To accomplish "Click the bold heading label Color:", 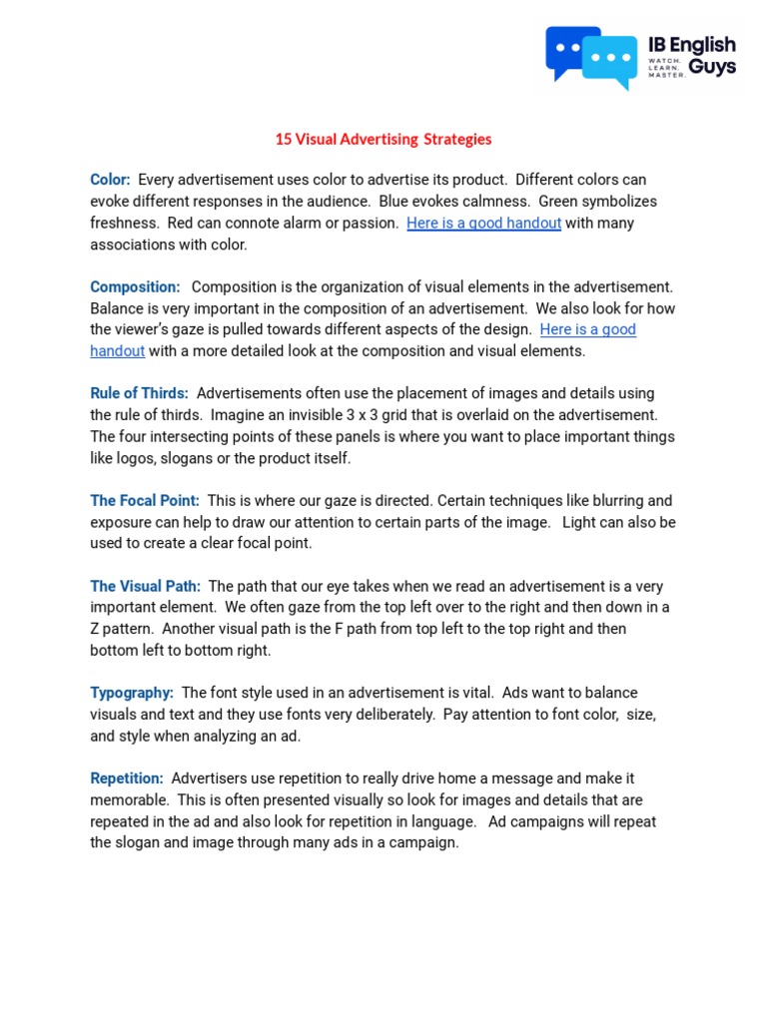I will click(x=110, y=180).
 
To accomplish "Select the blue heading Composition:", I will click(x=135, y=286).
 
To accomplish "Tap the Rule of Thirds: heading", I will click(x=139, y=393).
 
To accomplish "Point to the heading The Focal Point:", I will click(x=145, y=500).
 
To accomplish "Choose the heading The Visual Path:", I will click(x=145, y=586).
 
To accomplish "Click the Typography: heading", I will click(x=132, y=693).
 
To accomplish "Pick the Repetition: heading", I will click(x=127, y=778).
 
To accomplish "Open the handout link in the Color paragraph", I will click(x=483, y=223).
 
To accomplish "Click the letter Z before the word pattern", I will click(x=95, y=629).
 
